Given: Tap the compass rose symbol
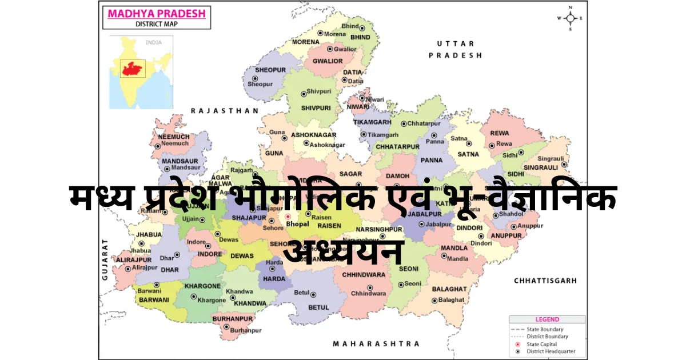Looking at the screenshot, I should point(570,18).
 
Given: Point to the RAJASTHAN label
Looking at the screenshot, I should point(225,111).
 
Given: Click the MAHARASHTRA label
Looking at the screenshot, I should point(376,343).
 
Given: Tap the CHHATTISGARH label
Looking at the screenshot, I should point(545,281).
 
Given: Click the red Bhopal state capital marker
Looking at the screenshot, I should point(288,217).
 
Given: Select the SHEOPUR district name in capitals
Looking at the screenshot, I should point(270,70).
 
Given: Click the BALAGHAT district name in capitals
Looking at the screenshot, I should point(449,289).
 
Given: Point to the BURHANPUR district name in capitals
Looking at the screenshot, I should point(233,318).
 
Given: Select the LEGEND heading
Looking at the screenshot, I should point(547,319).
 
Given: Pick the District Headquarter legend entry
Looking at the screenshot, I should point(551,351).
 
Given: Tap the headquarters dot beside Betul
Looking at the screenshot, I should point(313,294).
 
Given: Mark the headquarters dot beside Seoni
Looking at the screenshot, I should point(401,284).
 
